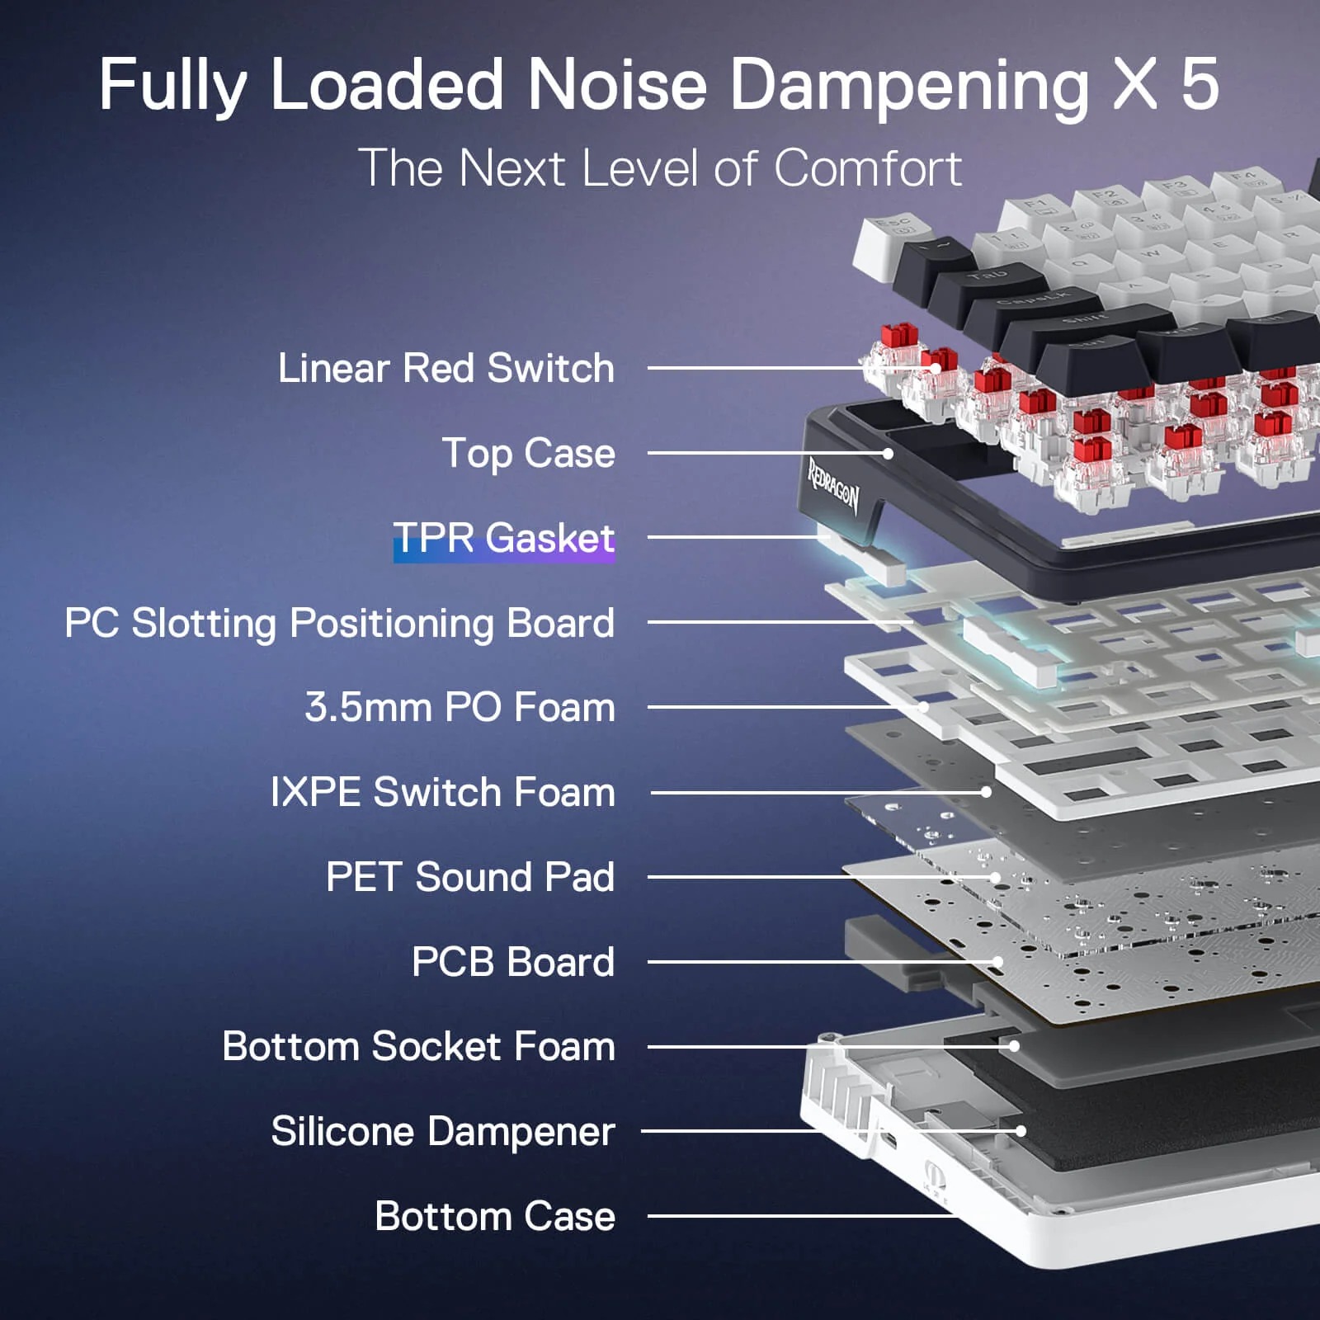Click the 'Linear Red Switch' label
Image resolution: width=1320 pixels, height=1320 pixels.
(446, 368)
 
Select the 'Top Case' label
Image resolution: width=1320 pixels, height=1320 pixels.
(529, 454)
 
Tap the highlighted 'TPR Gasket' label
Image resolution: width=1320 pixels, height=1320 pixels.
(504, 539)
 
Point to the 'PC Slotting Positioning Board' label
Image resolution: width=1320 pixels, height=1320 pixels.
(340, 624)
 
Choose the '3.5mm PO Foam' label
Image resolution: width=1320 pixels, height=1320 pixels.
(460, 708)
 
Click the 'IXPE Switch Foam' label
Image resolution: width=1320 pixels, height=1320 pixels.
(443, 793)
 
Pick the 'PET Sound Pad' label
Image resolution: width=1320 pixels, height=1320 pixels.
(470, 877)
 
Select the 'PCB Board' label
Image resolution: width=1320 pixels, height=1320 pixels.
(513, 962)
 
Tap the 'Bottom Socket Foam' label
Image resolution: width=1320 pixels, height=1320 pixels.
(419, 1047)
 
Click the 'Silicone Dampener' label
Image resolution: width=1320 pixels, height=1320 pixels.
(443, 1132)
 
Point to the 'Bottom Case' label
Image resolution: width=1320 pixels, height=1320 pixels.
(495, 1216)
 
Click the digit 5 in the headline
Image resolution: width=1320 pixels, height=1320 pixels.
(1200, 84)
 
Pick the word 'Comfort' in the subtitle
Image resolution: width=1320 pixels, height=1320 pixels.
(868, 168)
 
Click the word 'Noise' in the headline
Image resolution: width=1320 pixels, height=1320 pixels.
(617, 84)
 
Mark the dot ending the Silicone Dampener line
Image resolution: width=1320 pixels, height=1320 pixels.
(1021, 1131)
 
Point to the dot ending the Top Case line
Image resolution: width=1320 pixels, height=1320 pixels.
(888, 454)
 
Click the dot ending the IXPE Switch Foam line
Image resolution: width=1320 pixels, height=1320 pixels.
(986, 792)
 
